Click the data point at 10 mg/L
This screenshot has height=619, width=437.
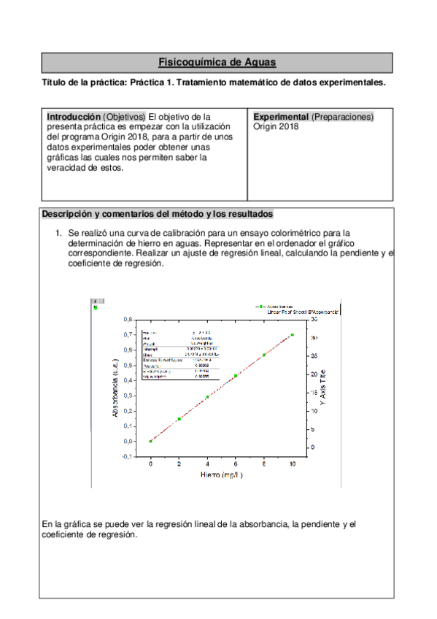(293, 335)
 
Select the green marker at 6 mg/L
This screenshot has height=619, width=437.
(236, 376)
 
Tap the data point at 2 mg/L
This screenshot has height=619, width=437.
(179, 419)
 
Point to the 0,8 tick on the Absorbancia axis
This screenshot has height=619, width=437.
(128, 319)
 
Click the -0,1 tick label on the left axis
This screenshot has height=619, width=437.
(126, 456)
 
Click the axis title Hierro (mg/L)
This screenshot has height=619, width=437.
(222, 475)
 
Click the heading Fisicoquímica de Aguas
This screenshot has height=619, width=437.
(217, 63)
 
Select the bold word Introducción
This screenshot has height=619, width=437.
(74, 117)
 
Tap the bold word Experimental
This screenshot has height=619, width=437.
(281, 117)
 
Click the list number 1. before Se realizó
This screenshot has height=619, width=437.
(60, 234)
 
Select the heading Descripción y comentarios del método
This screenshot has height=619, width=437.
(158, 214)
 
